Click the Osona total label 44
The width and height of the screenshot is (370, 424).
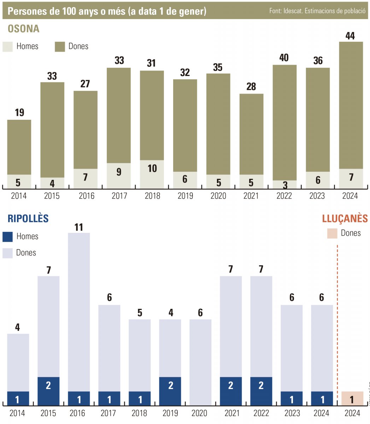350,36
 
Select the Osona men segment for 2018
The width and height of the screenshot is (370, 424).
152,174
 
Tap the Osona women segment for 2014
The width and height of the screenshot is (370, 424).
19,147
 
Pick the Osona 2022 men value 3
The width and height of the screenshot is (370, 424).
285,185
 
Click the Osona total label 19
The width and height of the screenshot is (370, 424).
19,113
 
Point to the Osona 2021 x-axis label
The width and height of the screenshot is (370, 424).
251,196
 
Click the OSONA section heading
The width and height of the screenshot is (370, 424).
23,29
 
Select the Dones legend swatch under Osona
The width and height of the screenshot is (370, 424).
60,47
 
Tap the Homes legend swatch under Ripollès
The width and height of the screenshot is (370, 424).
7,237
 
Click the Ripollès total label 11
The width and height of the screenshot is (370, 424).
78,227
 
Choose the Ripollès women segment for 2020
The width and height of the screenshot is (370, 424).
200,362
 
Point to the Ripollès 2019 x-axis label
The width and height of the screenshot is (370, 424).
170,413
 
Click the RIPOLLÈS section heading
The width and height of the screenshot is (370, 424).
28,218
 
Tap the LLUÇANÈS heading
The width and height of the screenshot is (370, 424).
345,218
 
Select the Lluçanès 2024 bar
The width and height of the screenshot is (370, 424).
352,398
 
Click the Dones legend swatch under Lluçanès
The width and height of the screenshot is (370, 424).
332,234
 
